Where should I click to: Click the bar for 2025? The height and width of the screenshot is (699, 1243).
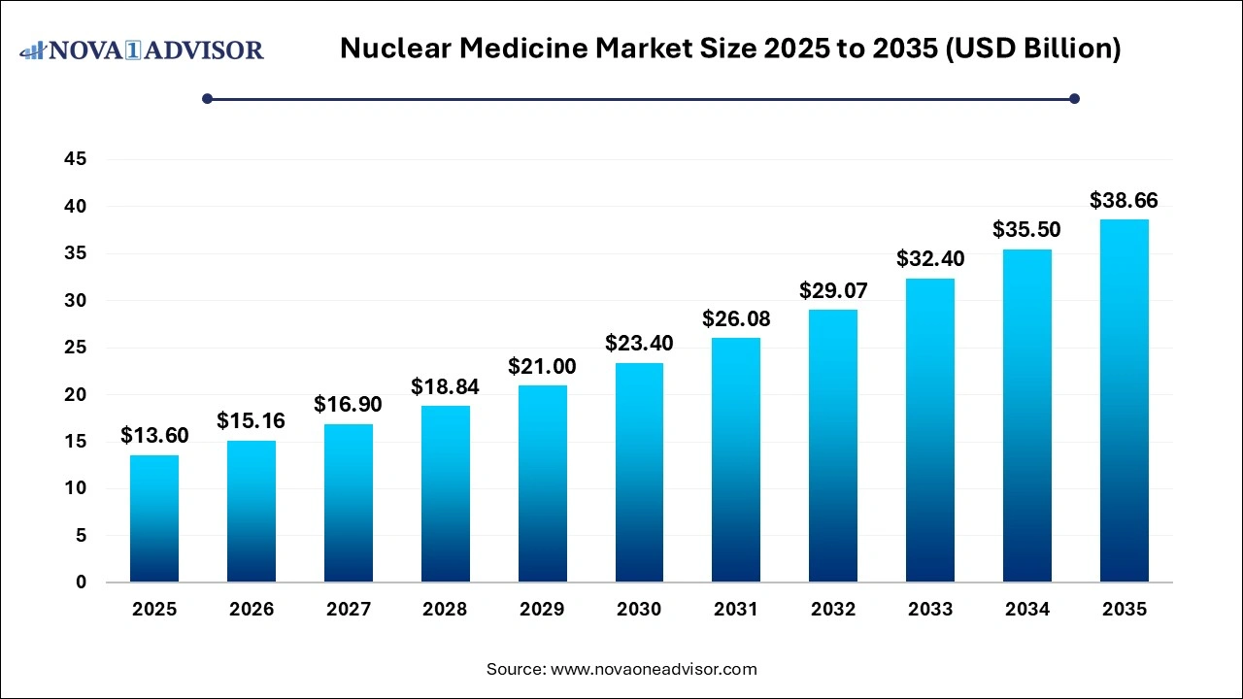[x=154, y=518]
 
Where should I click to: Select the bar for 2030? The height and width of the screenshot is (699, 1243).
[x=639, y=473]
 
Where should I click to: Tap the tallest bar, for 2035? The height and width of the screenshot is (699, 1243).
[x=1124, y=401]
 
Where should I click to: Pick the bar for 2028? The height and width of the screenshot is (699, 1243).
[x=445, y=494]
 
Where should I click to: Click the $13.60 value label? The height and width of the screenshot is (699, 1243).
[x=154, y=436]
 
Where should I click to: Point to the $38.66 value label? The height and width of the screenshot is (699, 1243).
[x=1124, y=201]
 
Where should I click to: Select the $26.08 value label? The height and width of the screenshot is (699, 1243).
[x=736, y=319]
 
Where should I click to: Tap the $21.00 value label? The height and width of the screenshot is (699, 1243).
[x=542, y=367]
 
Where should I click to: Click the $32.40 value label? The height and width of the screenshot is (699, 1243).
[x=929, y=260]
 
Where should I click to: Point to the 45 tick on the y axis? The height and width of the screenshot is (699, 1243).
[x=74, y=159]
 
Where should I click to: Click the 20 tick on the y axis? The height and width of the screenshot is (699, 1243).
[x=74, y=395]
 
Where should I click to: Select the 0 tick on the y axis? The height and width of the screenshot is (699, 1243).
[x=81, y=582]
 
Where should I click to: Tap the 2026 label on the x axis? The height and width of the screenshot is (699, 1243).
[x=252, y=610]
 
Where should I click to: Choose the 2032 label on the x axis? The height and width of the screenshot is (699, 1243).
[x=833, y=610]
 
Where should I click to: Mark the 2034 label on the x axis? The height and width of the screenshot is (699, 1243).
[x=1026, y=610]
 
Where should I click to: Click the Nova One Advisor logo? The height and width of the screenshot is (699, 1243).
[x=142, y=50]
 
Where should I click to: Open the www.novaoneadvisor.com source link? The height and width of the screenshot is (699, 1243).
[x=654, y=669]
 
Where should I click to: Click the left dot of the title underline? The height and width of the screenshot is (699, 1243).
[x=207, y=98]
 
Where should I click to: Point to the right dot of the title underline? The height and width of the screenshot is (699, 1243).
[x=1074, y=98]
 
